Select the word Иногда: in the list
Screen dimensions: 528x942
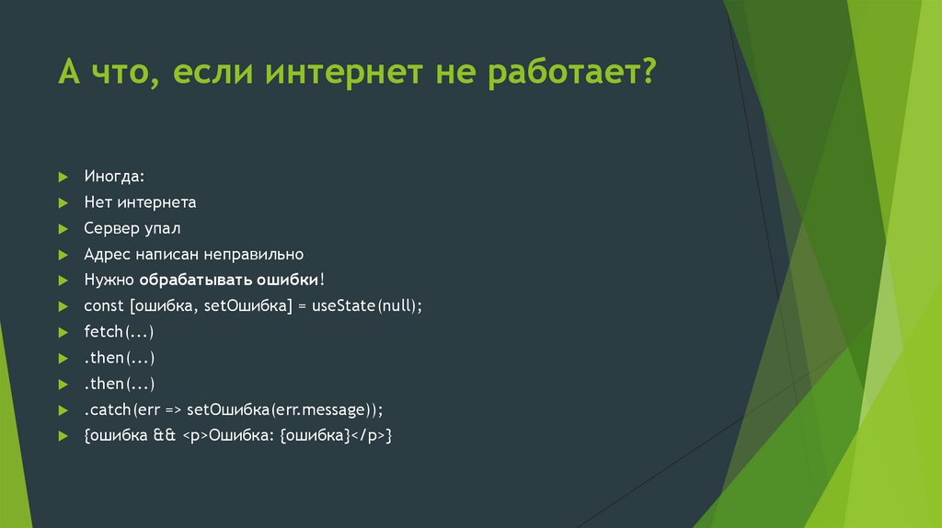pyautogui.click(x=114, y=176)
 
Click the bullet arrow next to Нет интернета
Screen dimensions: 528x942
pyautogui.click(x=62, y=202)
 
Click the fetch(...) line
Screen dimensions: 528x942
pyautogui.click(x=118, y=331)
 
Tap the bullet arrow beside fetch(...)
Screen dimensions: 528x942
pyautogui.click(x=62, y=331)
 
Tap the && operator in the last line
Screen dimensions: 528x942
pyautogui.click(x=164, y=434)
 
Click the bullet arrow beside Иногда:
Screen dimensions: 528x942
pyautogui.click(x=62, y=177)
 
